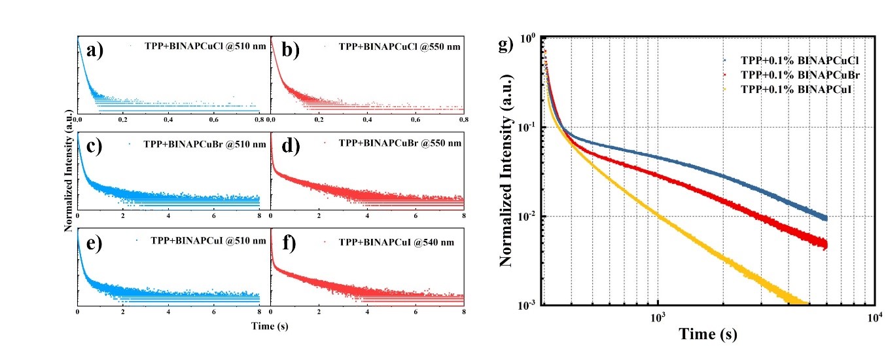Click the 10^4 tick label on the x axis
click(x=875, y=317)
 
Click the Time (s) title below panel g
click(x=707, y=334)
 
